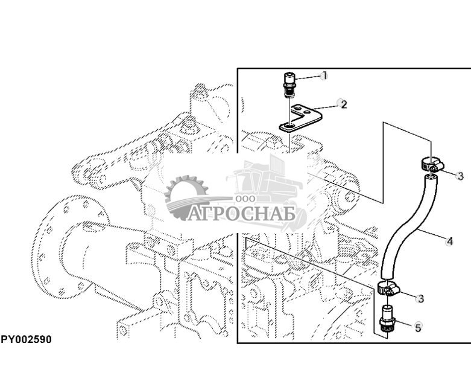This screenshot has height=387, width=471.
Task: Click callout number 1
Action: (x=324, y=75)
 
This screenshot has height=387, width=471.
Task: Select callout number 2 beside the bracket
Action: (x=344, y=104)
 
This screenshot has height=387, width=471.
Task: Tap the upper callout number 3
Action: (x=460, y=176)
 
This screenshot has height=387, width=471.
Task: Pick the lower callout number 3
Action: (x=420, y=298)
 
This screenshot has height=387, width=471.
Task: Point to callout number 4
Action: (x=449, y=241)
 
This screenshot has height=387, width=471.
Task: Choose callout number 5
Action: (x=418, y=328)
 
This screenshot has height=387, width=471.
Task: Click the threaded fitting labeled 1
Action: (x=289, y=83)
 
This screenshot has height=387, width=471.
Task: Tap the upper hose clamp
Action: (x=429, y=165)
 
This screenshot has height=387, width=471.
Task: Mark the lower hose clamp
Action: (x=387, y=289)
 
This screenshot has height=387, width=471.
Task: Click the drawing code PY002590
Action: (x=26, y=340)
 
